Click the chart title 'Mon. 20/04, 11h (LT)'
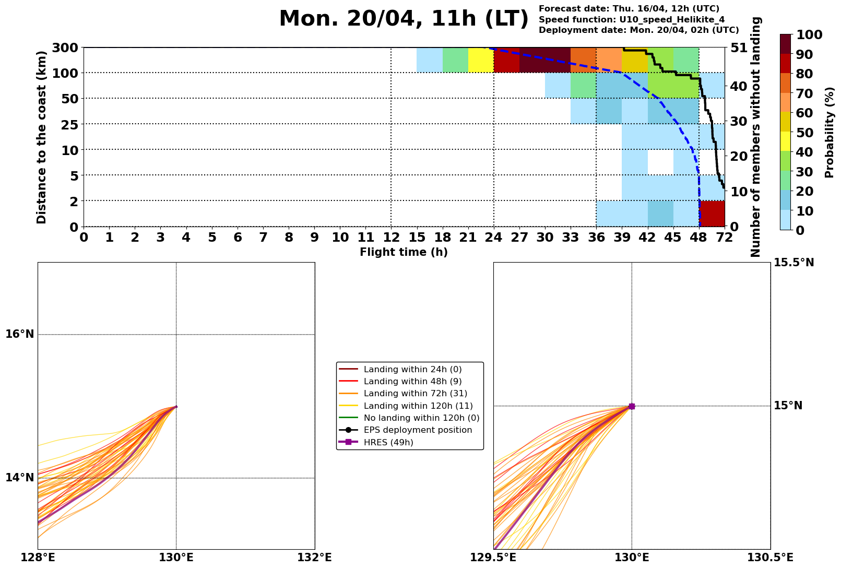coord(404,19)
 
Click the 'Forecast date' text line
coord(629,9)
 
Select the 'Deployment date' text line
coord(638,30)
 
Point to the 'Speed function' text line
coord(631,20)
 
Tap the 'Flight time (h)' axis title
coord(404,252)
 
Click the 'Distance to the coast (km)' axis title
coord(42,137)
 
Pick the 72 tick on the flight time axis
coord(724,238)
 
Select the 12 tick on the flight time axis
coord(391,238)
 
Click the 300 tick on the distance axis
coord(66,48)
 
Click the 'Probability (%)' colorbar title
coord(830,132)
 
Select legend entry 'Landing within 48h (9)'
coord(412,382)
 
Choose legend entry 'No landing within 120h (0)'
coord(421,418)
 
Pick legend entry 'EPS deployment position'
coord(418,430)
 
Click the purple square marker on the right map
coord(632,406)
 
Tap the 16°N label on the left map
coord(20,334)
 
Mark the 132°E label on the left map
coord(314,558)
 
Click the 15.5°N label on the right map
coord(793,263)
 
